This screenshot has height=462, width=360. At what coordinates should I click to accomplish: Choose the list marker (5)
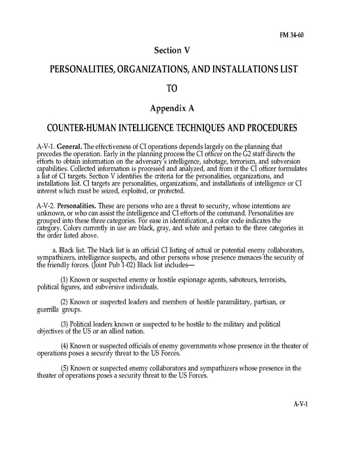click(64, 368)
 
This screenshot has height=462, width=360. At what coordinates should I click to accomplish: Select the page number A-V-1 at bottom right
click(300, 404)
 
